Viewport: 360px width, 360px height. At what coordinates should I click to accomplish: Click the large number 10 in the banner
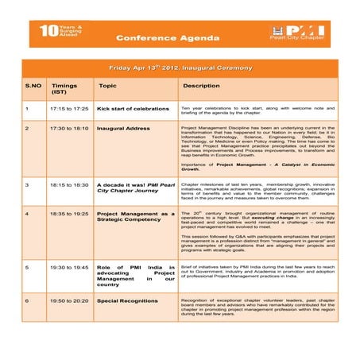pyautogui.click(x=48, y=33)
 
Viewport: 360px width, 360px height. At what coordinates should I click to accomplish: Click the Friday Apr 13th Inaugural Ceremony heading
pyautogui.click(x=180, y=68)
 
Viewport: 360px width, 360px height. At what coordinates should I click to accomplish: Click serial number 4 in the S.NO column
pyautogui.click(x=27, y=214)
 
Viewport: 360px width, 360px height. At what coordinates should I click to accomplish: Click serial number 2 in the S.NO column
pyautogui.click(x=27, y=127)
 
